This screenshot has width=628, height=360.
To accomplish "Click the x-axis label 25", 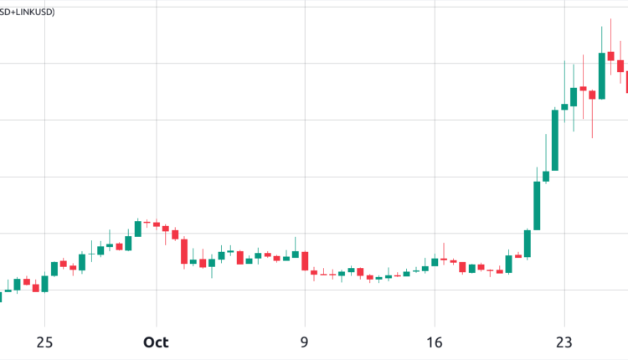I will tap(44, 342).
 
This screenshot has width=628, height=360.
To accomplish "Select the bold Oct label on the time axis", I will tap(156, 342).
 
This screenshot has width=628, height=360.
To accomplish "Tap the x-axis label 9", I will tap(305, 342).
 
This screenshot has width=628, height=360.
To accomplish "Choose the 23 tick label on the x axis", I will tap(564, 342).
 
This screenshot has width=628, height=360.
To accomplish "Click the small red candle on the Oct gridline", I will tap(156, 224).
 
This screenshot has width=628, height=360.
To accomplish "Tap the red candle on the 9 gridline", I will tap(305, 260).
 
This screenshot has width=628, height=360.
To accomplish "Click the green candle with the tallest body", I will tap(537, 205).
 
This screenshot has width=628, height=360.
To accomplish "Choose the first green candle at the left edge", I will tap(8, 291).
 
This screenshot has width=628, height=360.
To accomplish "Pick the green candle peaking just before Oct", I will tap(137, 229).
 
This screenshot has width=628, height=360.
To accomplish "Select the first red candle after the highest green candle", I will tap(610, 56).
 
